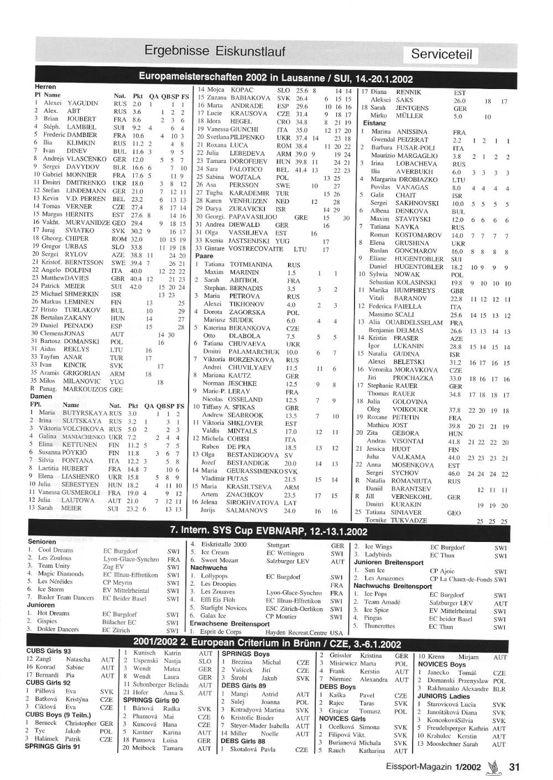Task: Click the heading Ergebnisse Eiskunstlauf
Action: (215, 51)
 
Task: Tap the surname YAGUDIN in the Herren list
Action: (83, 103)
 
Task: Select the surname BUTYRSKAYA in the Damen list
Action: (84, 413)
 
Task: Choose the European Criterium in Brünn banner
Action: (267, 644)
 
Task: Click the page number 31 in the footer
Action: (514, 767)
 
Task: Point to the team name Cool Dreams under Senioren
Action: (56, 550)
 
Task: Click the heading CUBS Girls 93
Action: (48, 651)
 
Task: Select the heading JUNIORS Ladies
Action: (444, 696)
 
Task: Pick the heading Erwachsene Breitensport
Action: (229, 624)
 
